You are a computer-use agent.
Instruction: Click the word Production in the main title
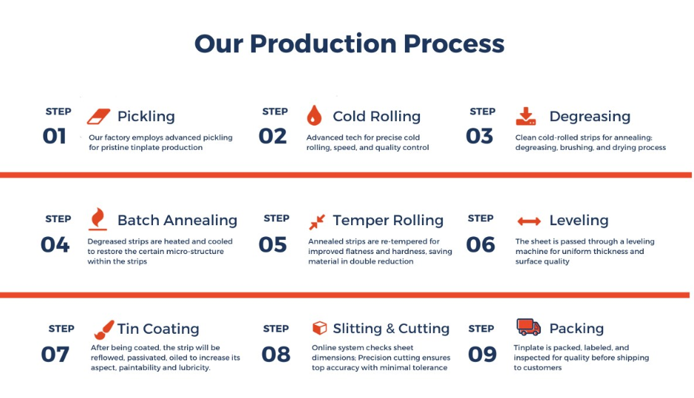pos(323,44)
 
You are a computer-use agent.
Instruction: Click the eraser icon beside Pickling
pos(98,117)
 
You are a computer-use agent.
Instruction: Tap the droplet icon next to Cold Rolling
pos(314,115)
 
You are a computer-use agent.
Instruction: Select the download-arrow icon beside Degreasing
pos(525,116)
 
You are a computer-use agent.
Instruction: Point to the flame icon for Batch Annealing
pos(98,219)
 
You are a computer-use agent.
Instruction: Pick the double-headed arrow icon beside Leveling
pos(529,221)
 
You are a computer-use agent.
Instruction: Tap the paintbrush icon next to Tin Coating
pos(104,330)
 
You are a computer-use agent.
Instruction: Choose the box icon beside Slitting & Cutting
pos(319,328)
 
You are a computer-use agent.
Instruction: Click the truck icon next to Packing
pos(528,327)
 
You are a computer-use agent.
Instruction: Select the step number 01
pos(54,136)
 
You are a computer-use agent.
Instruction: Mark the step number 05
pos(273,244)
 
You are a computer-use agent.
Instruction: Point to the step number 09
pos(483,354)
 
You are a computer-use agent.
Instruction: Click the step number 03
pos(480,136)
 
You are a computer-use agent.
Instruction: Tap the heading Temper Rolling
pos(388,220)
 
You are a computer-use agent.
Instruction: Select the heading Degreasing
pos(590,117)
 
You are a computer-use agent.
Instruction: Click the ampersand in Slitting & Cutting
pos(390,329)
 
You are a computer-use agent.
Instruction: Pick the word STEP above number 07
pos(61,329)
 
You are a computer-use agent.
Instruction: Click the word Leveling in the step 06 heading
pos(579,220)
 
